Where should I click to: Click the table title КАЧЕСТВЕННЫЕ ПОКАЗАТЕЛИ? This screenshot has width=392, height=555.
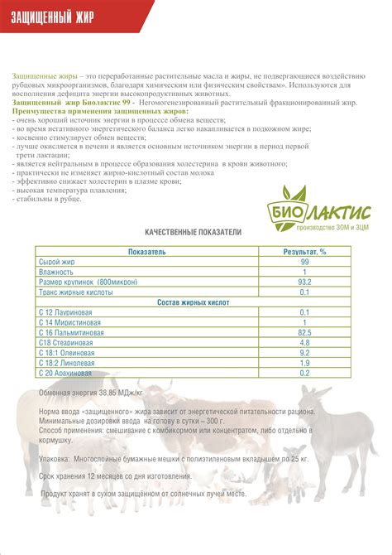tap(182, 233)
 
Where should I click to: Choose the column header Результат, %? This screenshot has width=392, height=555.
tap(304, 251)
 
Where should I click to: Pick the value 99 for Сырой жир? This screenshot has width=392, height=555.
tap(304, 261)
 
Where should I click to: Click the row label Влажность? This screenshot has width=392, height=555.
tap(57, 272)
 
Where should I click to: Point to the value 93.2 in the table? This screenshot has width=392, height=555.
tap(304, 282)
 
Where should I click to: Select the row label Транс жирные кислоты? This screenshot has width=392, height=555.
tap(74, 292)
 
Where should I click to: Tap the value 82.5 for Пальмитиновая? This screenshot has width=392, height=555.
tap(304, 332)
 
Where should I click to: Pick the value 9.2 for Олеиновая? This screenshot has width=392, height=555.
tap(304, 353)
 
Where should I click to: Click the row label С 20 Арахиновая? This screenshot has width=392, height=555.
tap(67, 373)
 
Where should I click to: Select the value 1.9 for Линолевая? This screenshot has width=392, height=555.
tap(304, 363)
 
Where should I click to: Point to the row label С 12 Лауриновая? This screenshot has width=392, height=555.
tap(66, 312)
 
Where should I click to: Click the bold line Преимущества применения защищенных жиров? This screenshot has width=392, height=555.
tap(100, 110)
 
